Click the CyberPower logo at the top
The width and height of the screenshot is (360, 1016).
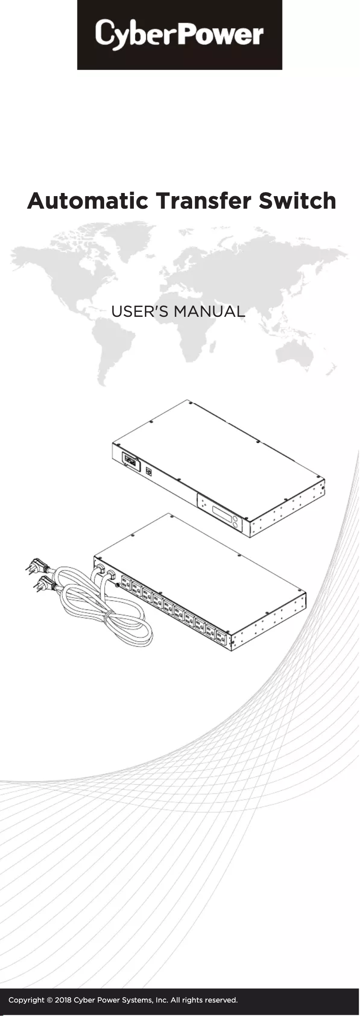click(x=180, y=35)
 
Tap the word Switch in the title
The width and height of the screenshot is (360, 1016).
click(x=297, y=201)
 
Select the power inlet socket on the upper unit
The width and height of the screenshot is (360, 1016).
click(x=130, y=460)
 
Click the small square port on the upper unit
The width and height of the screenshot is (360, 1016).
click(x=149, y=471)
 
